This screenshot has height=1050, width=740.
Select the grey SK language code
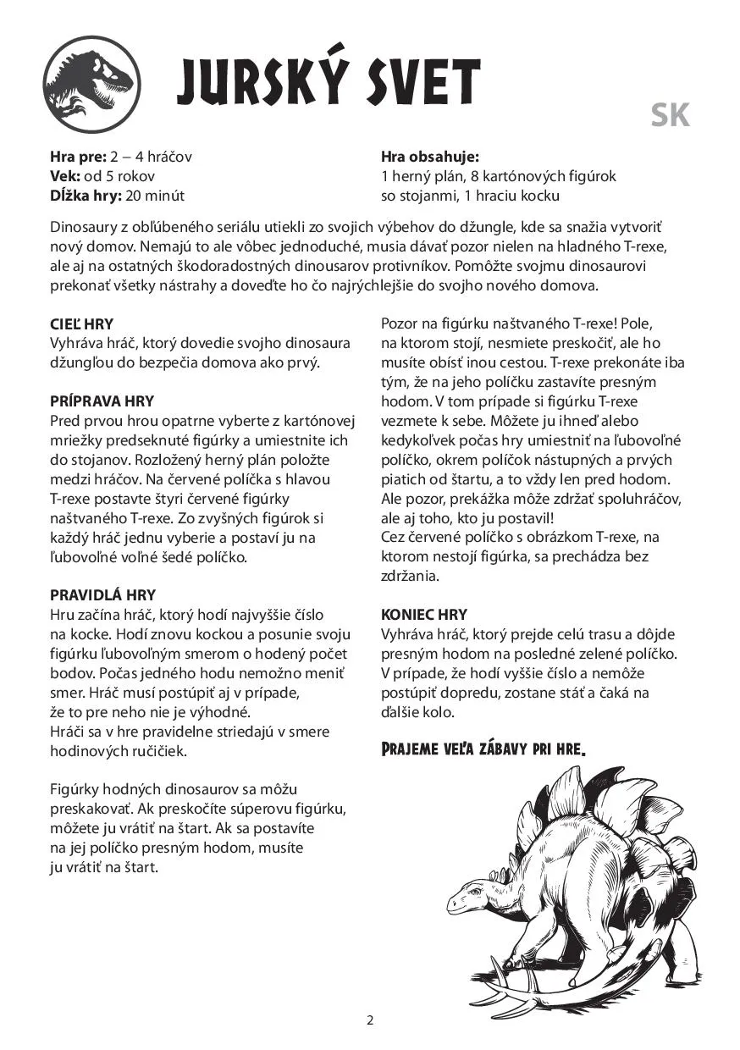point(671,115)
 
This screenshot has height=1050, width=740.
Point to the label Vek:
point(65,176)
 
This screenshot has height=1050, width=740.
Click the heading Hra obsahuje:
point(430,157)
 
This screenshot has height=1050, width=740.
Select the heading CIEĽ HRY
point(81,324)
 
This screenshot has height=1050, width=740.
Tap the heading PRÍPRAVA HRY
point(102,401)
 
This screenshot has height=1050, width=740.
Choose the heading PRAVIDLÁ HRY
point(102,595)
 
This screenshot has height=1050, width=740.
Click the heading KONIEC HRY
point(424,615)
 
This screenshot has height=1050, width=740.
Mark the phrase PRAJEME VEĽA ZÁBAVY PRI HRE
point(483,749)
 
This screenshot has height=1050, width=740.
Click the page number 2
point(370,1020)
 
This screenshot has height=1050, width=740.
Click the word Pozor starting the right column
point(400,324)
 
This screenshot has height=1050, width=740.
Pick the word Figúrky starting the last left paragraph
point(74,789)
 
